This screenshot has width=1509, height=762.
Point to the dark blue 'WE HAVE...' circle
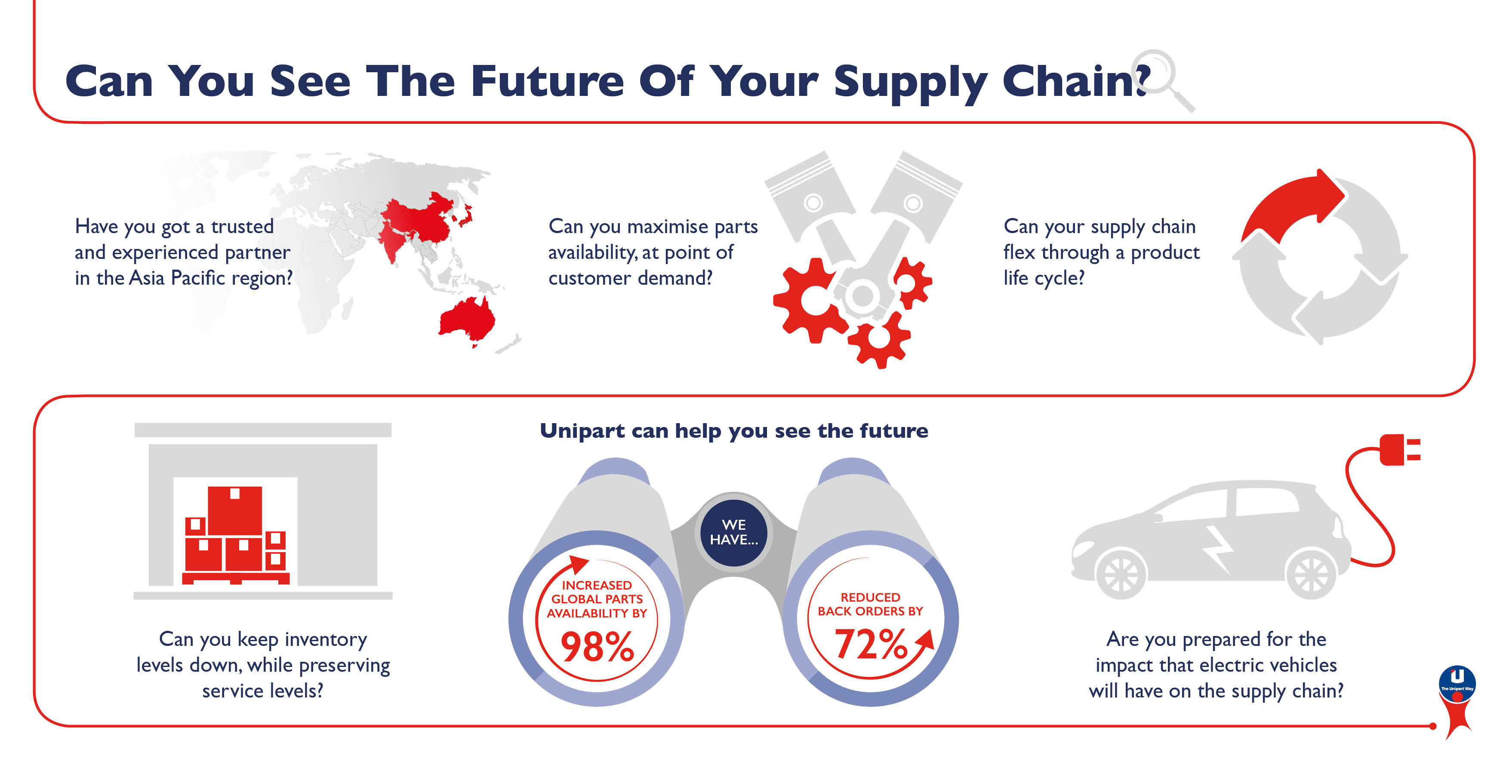pos(733,532)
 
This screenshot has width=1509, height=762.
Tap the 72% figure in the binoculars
pos(871,643)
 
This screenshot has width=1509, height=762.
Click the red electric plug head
pos(1400,449)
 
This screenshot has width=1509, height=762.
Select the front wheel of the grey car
pos(1121,574)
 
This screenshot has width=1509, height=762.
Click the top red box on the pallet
pos(235,510)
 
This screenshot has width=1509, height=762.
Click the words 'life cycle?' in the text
pos(1044,278)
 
